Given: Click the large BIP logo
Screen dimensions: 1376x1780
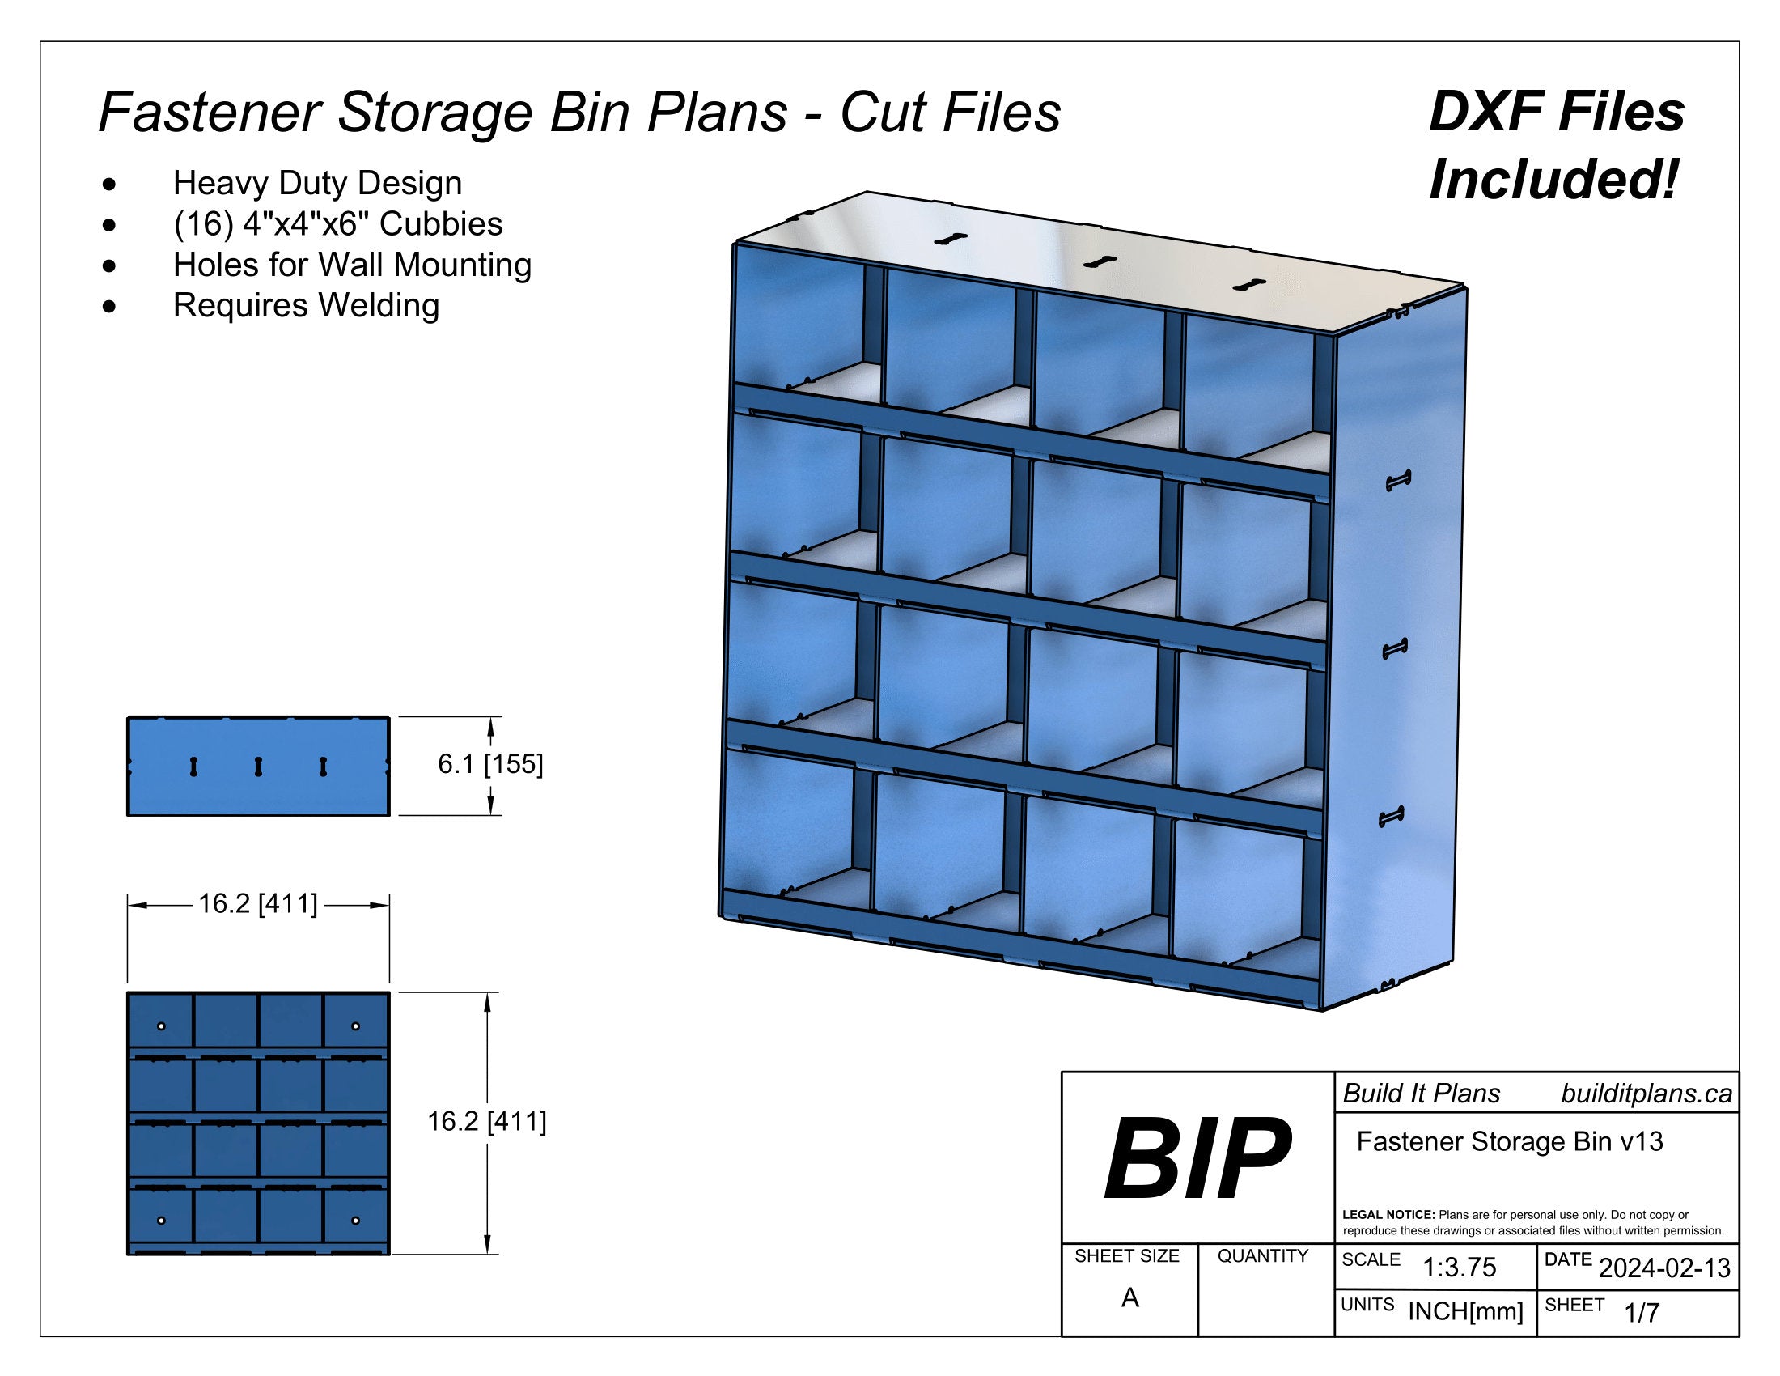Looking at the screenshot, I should (x=1197, y=1158).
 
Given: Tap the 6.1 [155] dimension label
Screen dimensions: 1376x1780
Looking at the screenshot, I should (x=489, y=765).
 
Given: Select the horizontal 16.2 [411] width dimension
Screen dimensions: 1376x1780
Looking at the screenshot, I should (x=257, y=904).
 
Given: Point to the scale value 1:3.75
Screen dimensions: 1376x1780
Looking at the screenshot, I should (x=1459, y=1267).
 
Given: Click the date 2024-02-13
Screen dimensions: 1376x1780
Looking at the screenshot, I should (x=1664, y=1268).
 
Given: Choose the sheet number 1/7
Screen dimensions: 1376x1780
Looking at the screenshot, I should (x=1642, y=1312).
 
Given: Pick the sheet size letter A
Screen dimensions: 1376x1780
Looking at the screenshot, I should (x=1129, y=1297).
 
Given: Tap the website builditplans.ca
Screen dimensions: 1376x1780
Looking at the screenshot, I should (x=1646, y=1094).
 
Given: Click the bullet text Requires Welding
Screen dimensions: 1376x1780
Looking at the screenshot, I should (x=306, y=306).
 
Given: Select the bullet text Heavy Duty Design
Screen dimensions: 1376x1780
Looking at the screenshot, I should (x=317, y=184).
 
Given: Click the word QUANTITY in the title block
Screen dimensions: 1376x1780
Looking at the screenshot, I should (x=1262, y=1256).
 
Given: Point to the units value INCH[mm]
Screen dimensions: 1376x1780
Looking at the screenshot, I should (x=1465, y=1311).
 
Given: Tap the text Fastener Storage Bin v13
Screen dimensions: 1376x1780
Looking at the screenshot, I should (x=1510, y=1141).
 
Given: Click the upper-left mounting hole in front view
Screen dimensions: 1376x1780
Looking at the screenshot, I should (x=161, y=1026).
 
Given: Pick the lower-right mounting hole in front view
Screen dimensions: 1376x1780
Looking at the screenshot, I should (x=355, y=1221).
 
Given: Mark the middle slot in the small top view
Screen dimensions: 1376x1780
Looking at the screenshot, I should (x=258, y=767).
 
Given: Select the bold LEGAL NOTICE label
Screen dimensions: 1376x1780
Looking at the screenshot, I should (x=1388, y=1215).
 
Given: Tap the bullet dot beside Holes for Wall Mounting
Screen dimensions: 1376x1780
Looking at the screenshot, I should (x=109, y=265).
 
